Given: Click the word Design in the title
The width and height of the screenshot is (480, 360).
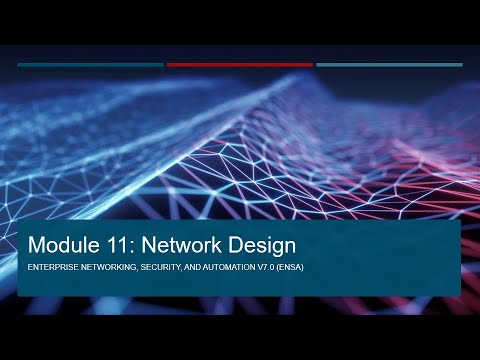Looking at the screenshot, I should tap(258, 244).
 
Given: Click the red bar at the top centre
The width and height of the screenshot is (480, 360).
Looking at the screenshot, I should tap(240, 65).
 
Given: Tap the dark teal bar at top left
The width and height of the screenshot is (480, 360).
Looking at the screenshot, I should tap(90, 65).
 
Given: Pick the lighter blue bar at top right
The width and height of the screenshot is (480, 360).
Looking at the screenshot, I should tap(389, 65).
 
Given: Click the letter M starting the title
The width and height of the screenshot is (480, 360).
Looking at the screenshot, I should tap(38, 244).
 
